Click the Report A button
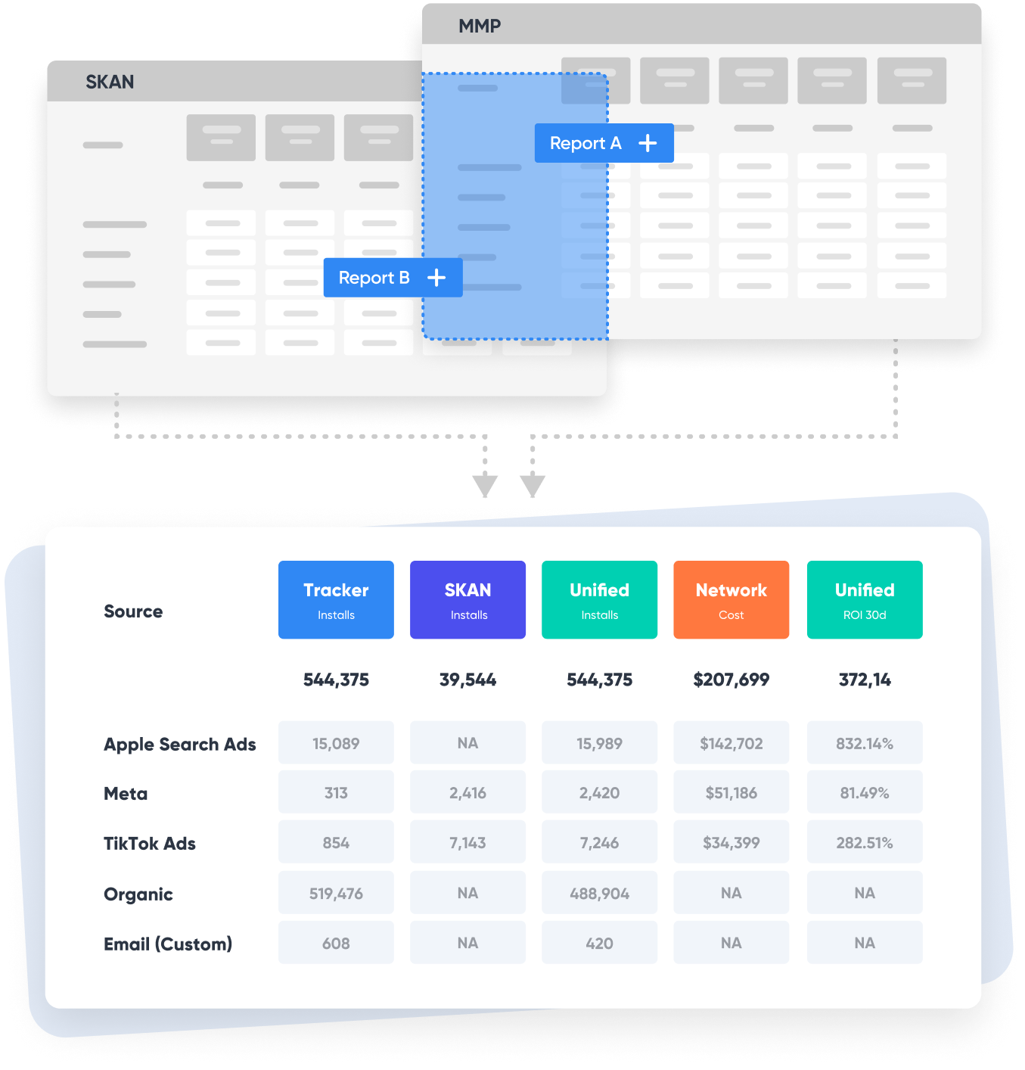[x=604, y=143]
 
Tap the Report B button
[x=393, y=278]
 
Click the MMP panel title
[x=480, y=26]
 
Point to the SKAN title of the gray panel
[x=110, y=82]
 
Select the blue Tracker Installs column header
[x=336, y=599]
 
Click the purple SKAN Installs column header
[x=467, y=599]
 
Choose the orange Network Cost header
[x=731, y=599]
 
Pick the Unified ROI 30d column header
[x=865, y=599]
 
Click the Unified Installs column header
[x=599, y=599]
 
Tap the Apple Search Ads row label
[x=180, y=744]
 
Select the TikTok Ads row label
[x=150, y=843]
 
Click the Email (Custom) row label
[x=168, y=944]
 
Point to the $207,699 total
[x=731, y=680]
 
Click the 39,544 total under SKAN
[x=467, y=680]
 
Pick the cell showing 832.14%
[x=865, y=742]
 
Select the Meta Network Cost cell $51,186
[x=731, y=792]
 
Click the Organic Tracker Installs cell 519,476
[x=336, y=892]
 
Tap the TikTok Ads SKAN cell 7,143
[x=467, y=841]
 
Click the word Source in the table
[x=133, y=611]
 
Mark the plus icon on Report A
[x=648, y=143]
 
